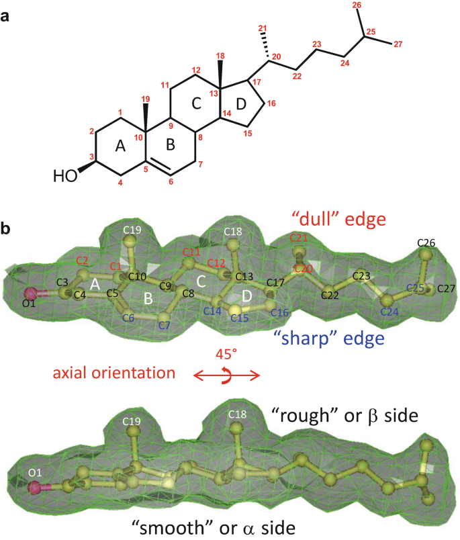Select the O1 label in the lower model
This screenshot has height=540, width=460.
[x=35, y=473]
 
